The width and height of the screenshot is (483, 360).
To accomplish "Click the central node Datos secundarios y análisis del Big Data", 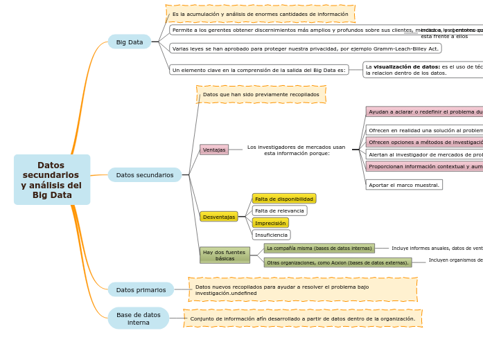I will click(51, 180).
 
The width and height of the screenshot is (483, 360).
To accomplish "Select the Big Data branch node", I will click(130, 42).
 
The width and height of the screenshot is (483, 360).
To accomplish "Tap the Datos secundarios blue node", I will click(144, 175).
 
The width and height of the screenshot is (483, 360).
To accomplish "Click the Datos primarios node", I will click(141, 289).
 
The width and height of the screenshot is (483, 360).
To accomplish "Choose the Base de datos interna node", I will click(138, 318).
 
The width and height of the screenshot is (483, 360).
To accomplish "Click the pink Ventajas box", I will click(214, 150).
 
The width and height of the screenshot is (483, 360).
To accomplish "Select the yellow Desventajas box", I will click(218, 217).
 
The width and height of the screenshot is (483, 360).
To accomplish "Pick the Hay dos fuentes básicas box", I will click(225, 255).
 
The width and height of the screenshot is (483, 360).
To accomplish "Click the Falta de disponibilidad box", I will click(284, 199).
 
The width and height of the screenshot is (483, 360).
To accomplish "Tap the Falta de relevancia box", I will click(279, 210).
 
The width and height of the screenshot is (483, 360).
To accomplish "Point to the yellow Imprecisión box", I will click(270, 223).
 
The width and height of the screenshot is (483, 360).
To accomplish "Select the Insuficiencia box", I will click(271, 235).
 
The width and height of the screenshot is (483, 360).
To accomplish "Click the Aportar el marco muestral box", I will click(404, 185).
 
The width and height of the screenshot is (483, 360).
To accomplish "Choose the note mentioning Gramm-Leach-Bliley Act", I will click(305, 48).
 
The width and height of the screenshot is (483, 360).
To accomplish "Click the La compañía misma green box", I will click(319, 248).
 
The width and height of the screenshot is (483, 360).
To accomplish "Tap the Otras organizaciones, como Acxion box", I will click(337, 262).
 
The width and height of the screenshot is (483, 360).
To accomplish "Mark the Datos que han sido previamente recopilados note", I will click(261, 94).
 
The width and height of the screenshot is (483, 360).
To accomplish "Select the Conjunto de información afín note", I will click(302, 318).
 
